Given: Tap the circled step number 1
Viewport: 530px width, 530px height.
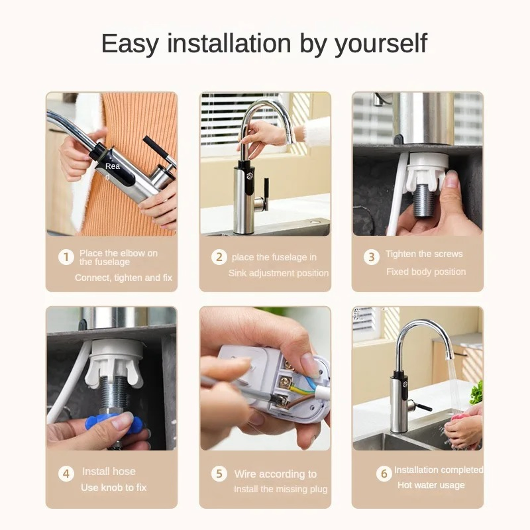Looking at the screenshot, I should pyautogui.click(x=66, y=257).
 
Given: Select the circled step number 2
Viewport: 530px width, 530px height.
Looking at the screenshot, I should pyautogui.click(x=219, y=257).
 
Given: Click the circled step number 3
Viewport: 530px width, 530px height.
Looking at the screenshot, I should pyautogui.click(x=372, y=257).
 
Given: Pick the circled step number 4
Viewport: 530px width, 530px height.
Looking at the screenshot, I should pyautogui.click(x=66, y=474).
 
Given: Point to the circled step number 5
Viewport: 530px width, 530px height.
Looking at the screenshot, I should pyautogui.click(x=219, y=474).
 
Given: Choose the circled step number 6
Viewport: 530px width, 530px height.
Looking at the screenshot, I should pyautogui.click(x=384, y=473).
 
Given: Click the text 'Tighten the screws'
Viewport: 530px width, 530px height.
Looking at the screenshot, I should pyautogui.click(x=424, y=254).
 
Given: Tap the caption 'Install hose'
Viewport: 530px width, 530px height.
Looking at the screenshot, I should pyautogui.click(x=109, y=471).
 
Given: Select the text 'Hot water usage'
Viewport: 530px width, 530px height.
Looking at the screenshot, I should pyautogui.click(x=431, y=485).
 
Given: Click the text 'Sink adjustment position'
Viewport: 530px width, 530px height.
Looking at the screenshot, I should pyautogui.click(x=278, y=273).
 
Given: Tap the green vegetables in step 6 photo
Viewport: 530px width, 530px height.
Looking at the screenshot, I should pyautogui.click(x=476, y=392).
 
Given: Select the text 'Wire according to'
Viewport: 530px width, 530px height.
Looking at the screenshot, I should pyautogui.click(x=275, y=474).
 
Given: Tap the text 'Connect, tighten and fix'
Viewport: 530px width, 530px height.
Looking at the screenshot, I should pyautogui.click(x=123, y=278).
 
